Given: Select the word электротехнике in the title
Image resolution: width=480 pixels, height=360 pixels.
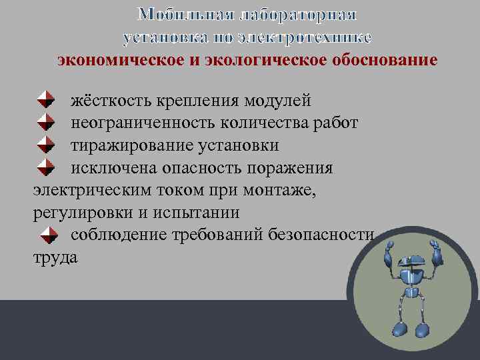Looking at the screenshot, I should coord(303,37).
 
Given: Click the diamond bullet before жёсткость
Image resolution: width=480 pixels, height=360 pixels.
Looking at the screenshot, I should coord(45,100).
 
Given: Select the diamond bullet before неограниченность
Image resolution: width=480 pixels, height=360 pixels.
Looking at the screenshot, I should coord(45,122).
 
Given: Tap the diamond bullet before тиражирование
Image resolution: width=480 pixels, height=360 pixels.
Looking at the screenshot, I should coord(45,145).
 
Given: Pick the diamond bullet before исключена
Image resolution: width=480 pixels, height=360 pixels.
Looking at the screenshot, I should coord(45,167).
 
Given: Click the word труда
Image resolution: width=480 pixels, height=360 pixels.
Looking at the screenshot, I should coord(55,257).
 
